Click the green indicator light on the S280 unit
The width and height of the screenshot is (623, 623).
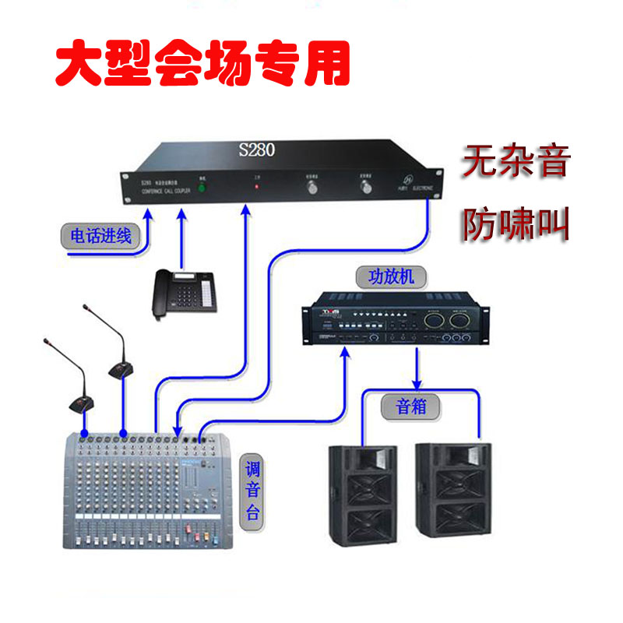pos(202,188)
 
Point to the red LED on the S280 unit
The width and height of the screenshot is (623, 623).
pos(254,188)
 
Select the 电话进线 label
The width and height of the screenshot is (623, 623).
pos(101,236)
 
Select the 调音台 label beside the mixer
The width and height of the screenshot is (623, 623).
pos(254,491)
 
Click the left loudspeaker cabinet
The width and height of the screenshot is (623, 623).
pos(363,495)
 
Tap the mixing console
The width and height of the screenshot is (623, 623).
pos(148,491)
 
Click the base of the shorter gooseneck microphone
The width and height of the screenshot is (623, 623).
pos(80,404)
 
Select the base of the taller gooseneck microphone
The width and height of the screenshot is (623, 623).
pos(121,369)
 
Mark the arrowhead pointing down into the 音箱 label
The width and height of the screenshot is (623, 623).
pos(418,385)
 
